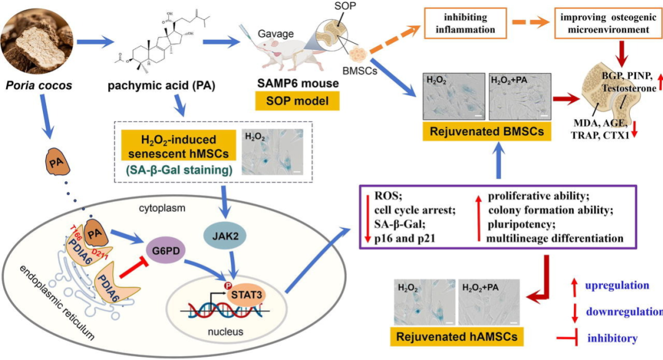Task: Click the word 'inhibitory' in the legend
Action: click(x=612, y=338)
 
